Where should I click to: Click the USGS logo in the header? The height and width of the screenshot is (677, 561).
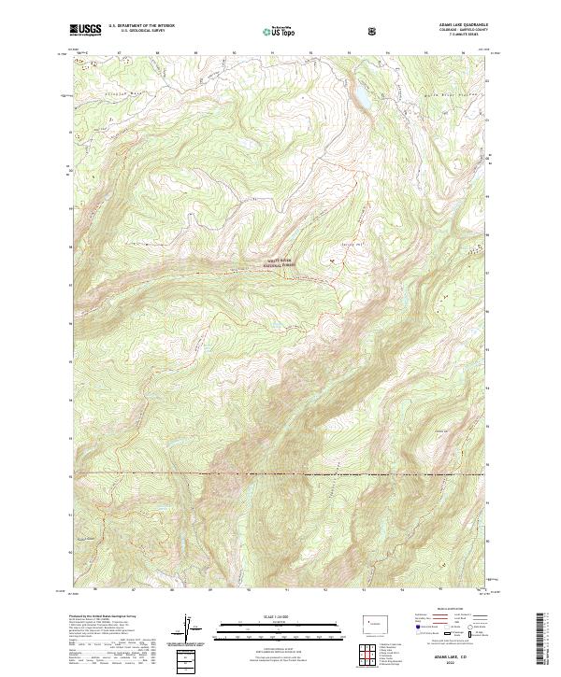85,30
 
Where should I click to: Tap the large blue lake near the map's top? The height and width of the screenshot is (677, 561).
356,97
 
